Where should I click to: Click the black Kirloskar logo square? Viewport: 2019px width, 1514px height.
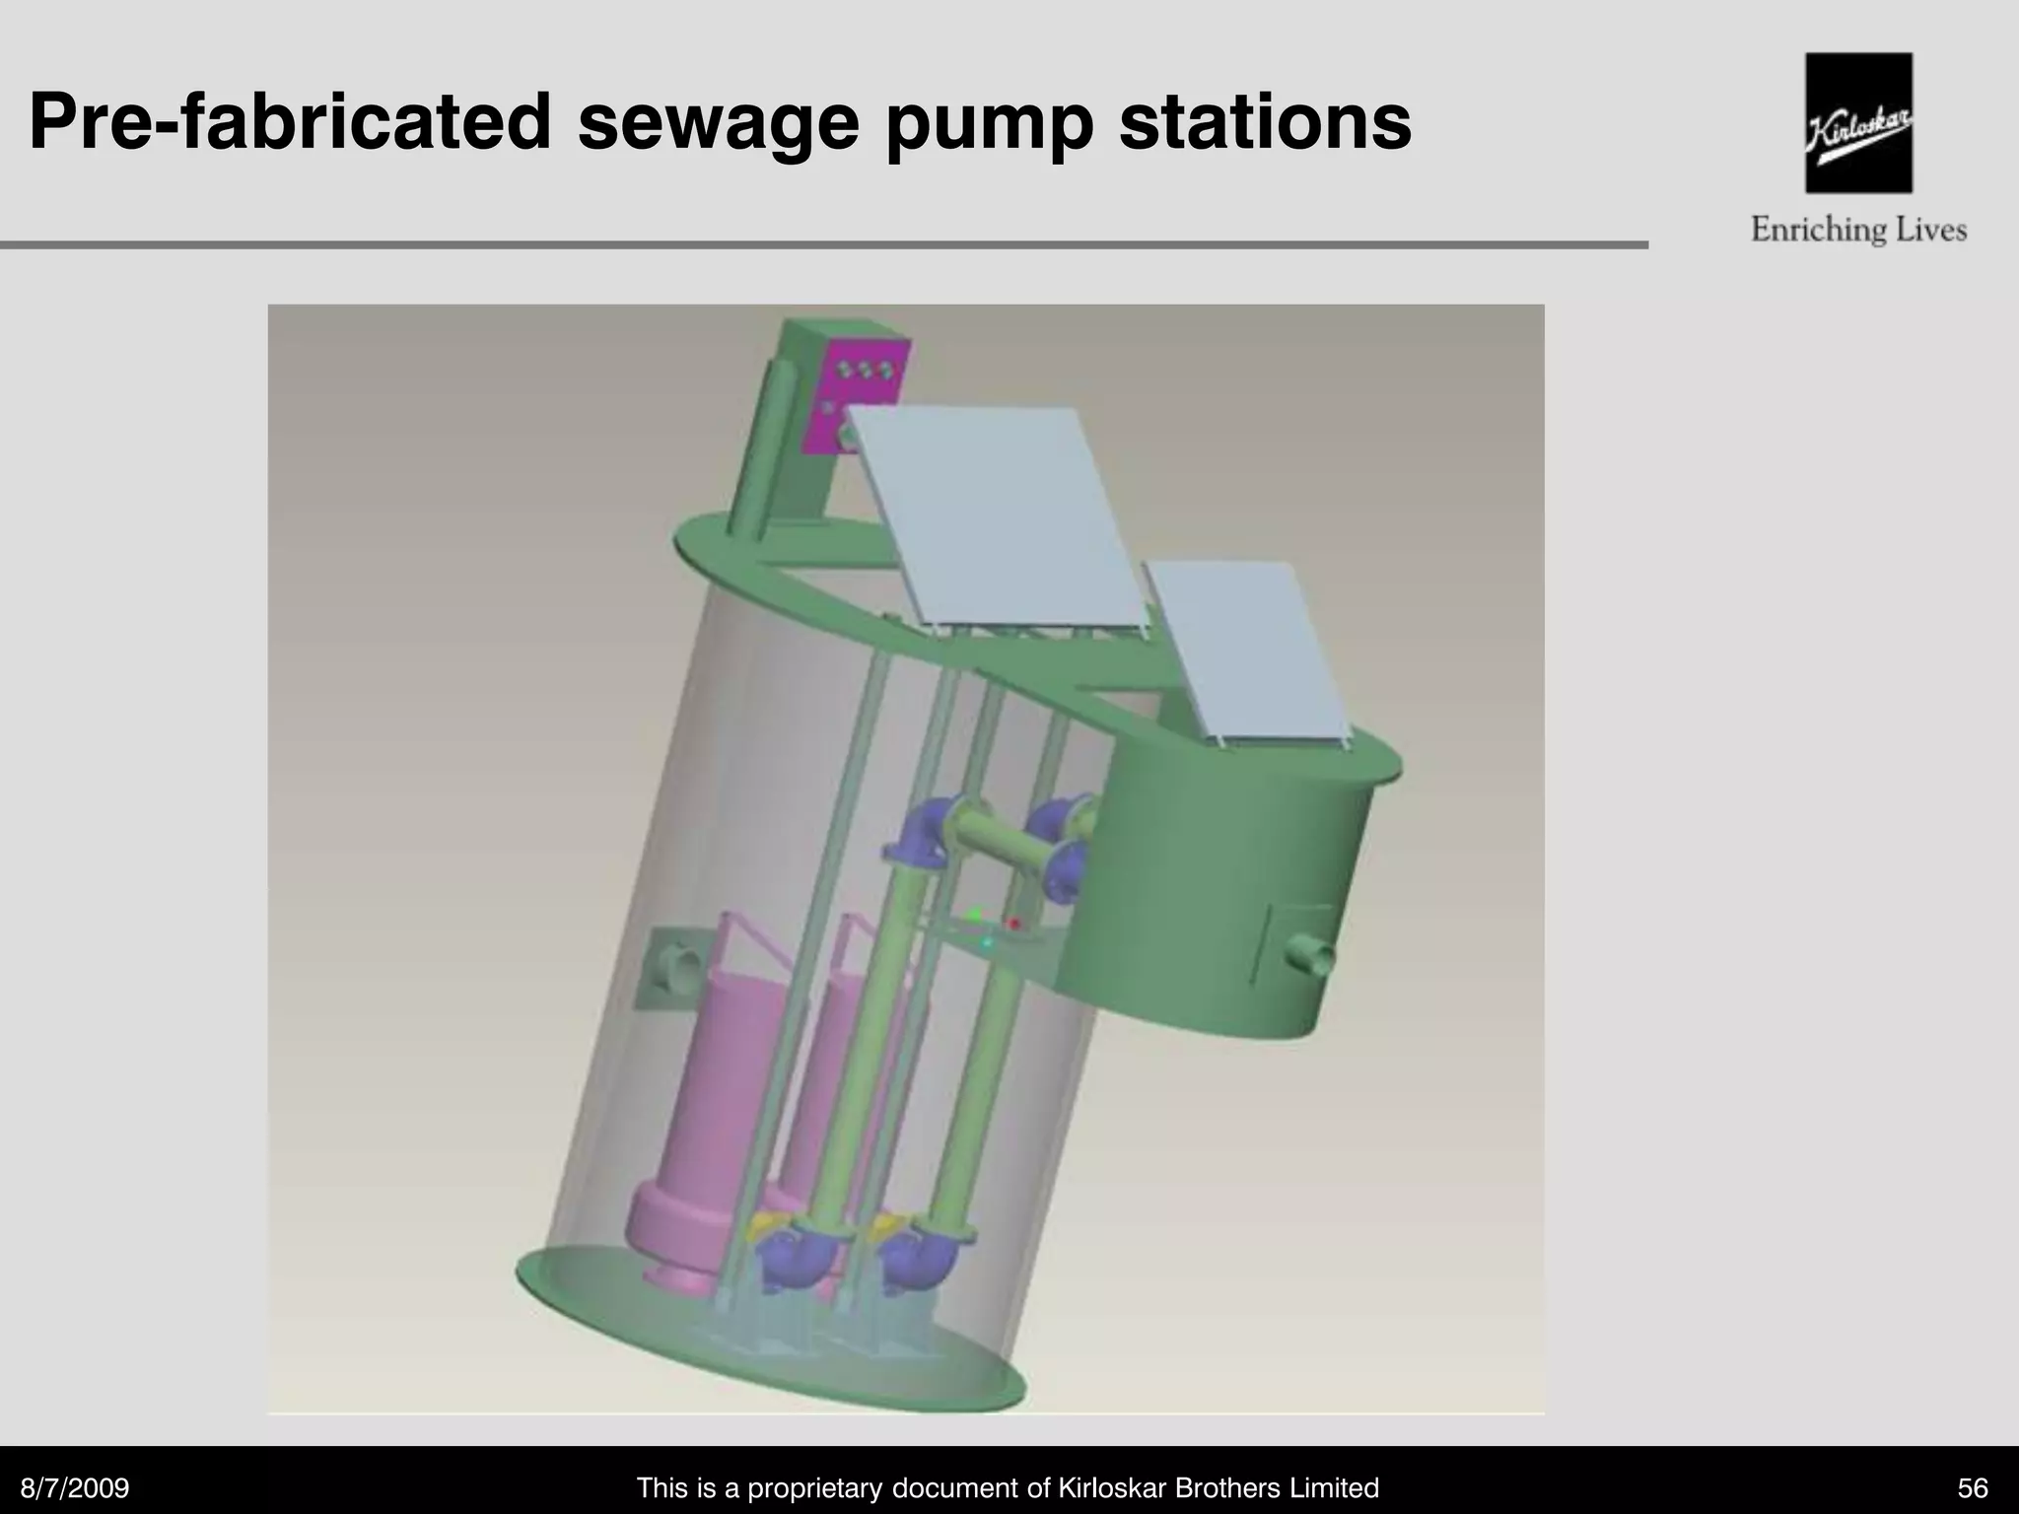1858,122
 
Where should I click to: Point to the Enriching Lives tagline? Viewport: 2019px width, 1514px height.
1858,231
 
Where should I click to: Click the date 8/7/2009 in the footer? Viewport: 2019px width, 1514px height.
75,1487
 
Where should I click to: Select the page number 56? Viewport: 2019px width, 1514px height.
1972,1487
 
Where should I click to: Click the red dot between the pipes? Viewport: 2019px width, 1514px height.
1013,924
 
